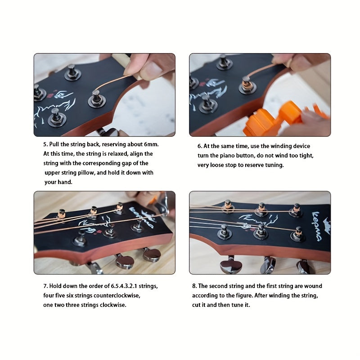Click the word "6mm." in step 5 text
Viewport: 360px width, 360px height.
tap(151, 144)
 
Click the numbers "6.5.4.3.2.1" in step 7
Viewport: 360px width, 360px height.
tap(124, 286)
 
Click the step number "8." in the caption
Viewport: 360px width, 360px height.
tap(194, 286)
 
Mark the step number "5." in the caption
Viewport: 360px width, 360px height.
tap(46, 144)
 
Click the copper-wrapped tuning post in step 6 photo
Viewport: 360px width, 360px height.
tap(247, 85)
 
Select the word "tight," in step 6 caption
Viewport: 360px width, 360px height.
tap(306, 156)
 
